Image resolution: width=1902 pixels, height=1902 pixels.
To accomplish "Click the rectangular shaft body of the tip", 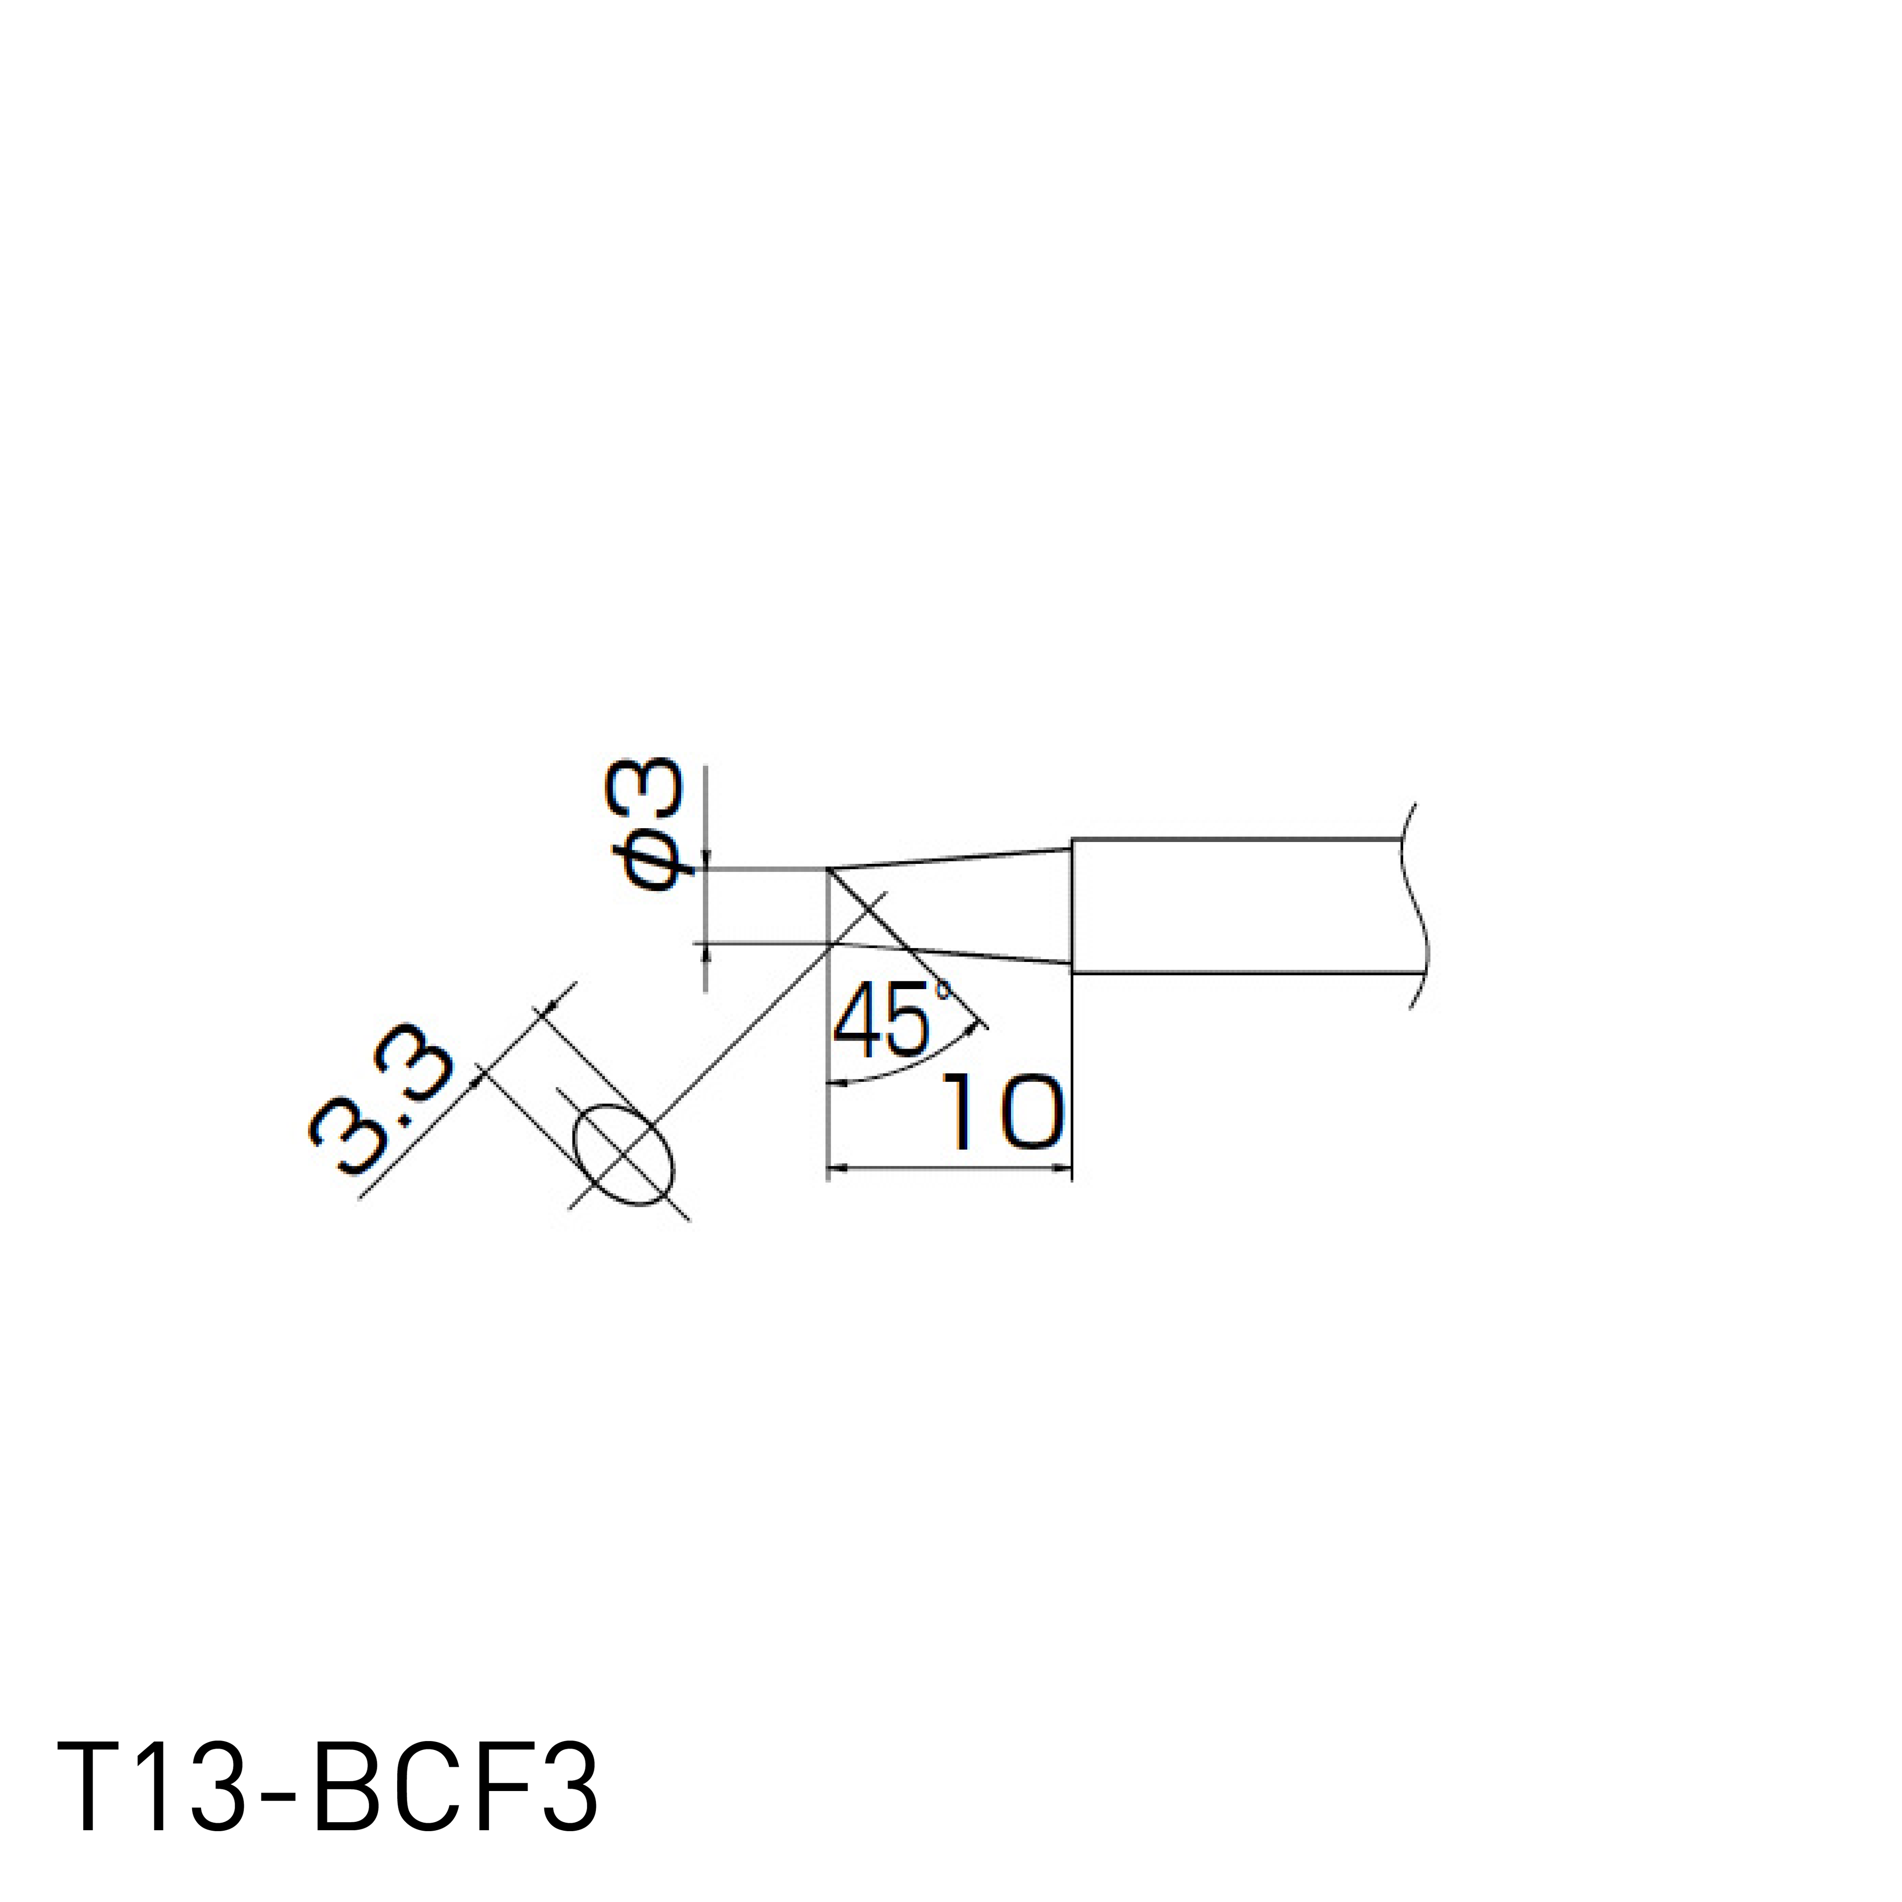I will pyautogui.click(x=1235, y=907).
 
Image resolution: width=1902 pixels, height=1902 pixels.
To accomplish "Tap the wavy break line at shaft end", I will pyautogui.click(x=1416, y=906).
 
